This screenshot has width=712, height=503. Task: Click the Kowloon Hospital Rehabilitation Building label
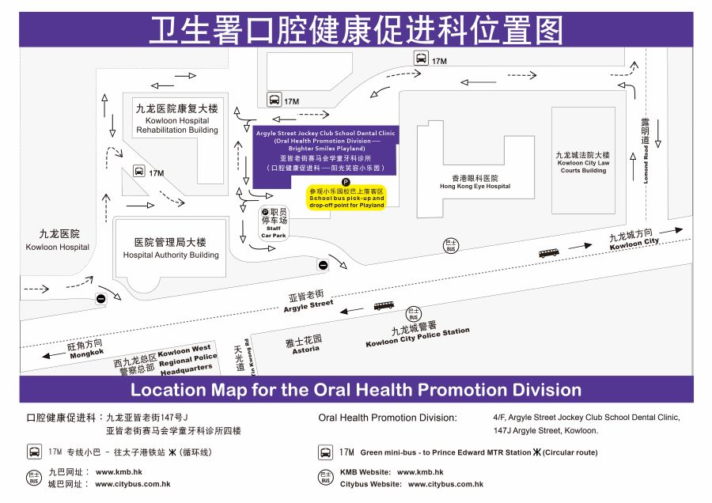coord(176,119)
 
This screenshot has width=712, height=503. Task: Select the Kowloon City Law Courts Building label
coord(583,162)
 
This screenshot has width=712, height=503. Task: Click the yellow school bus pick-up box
coord(347,198)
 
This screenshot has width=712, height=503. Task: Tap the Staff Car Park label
coord(273,222)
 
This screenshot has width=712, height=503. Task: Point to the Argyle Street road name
coord(308,302)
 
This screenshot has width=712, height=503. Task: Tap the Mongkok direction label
coord(85,349)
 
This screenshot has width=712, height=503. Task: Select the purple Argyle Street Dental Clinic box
coord(326,149)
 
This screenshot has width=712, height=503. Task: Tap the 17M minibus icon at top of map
coord(422,59)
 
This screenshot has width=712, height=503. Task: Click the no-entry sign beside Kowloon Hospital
coord(100,298)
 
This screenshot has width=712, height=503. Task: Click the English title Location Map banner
coord(356,390)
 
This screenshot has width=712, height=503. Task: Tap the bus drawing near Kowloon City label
coord(549,253)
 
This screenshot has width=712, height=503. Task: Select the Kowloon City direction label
coord(634,238)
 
